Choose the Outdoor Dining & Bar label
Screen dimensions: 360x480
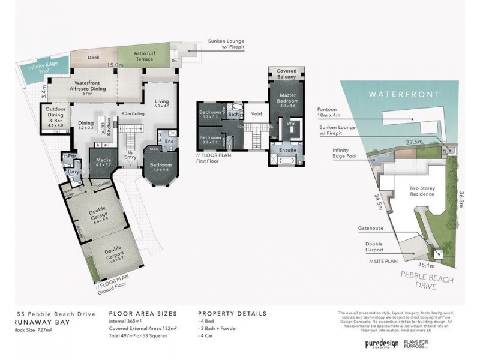tap(52, 118)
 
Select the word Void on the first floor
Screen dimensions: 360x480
tap(256, 113)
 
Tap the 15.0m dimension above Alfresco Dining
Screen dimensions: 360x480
tap(115, 65)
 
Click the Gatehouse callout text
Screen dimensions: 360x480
tap(371, 229)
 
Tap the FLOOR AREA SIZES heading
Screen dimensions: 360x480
tap(142, 313)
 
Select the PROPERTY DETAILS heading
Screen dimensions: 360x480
tap(232, 313)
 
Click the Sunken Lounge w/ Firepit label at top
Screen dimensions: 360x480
tap(226, 44)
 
